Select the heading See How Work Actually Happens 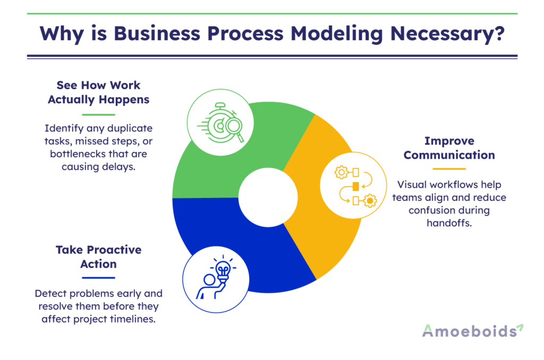[99, 92]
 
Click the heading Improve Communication [449, 148]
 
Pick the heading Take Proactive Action [99, 256]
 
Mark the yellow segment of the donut [319, 234]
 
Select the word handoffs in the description [449, 223]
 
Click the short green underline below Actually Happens [99, 114]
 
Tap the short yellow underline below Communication [449, 169]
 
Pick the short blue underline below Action [99, 277]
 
